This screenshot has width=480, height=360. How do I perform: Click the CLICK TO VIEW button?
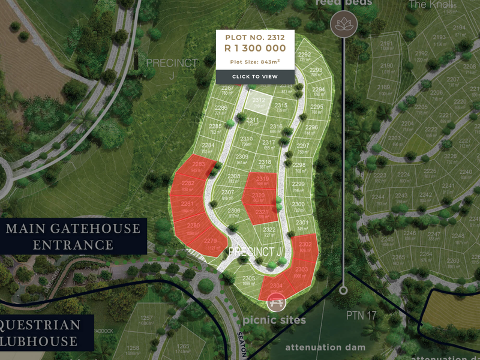[x=255, y=77]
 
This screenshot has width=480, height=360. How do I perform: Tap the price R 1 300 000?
[x=255, y=49]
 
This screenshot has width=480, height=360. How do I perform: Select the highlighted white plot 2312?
[x=259, y=103]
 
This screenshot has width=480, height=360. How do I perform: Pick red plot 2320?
[x=259, y=197]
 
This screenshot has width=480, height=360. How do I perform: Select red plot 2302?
[x=305, y=247]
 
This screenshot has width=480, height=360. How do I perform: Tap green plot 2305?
[x=248, y=281]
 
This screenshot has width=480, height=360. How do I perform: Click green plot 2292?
[x=305, y=56]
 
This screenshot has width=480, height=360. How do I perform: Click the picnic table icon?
[x=276, y=302]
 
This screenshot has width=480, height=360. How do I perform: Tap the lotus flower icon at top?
[x=344, y=25]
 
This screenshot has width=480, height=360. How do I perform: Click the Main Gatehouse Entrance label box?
[x=73, y=236]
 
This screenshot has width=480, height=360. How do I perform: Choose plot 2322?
[x=269, y=232]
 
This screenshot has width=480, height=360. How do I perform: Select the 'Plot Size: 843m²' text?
[x=255, y=62]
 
